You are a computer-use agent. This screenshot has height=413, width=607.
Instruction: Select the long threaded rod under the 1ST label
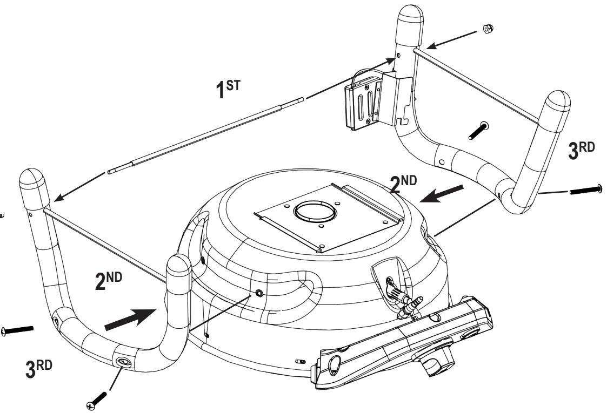pos(205,135)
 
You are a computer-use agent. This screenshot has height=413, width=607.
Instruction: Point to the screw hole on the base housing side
pos(260,293)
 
